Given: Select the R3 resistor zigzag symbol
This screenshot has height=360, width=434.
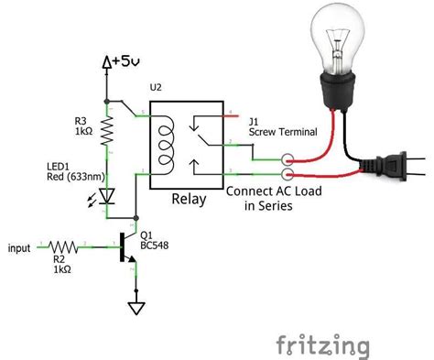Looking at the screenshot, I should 107,131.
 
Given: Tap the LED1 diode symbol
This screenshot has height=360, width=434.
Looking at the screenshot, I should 108,194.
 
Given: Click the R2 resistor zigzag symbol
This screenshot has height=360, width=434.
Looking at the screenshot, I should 62,246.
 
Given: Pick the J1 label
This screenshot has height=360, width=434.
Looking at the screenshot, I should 254,120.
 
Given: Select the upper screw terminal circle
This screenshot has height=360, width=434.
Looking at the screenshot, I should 288,158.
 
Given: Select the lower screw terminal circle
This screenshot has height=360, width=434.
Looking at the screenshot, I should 288,172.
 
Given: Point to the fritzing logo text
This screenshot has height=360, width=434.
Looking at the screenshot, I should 323,344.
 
